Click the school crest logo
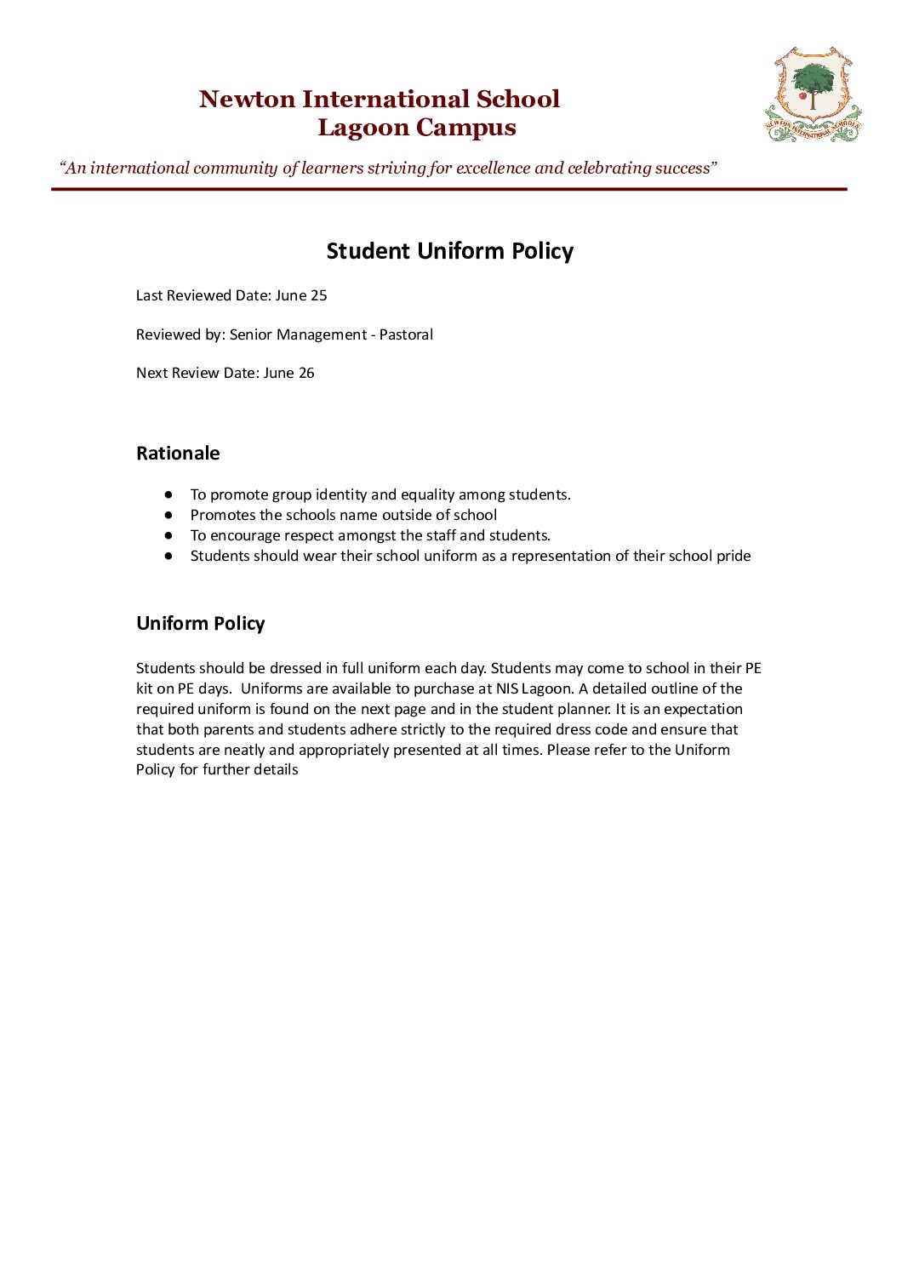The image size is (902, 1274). (813, 94)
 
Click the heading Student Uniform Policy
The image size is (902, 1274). (450, 251)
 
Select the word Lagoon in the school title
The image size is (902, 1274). (363, 128)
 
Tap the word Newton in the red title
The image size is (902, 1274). (247, 100)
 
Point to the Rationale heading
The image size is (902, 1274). (178, 453)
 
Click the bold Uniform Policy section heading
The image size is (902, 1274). (201, 623)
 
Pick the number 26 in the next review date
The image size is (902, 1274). (305, 373)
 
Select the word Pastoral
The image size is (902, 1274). (406, 334)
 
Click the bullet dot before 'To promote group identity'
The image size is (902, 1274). (169, 494)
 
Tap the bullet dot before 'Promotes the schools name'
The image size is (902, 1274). (169, 515)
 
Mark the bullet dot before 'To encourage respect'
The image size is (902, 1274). (169, 535)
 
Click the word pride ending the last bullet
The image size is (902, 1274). (733, 556)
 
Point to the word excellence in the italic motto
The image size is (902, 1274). (493, 168)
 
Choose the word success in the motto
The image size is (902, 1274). (684, 168)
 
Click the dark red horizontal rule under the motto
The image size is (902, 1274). (449, 189)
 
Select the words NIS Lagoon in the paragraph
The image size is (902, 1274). (534, 688)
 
